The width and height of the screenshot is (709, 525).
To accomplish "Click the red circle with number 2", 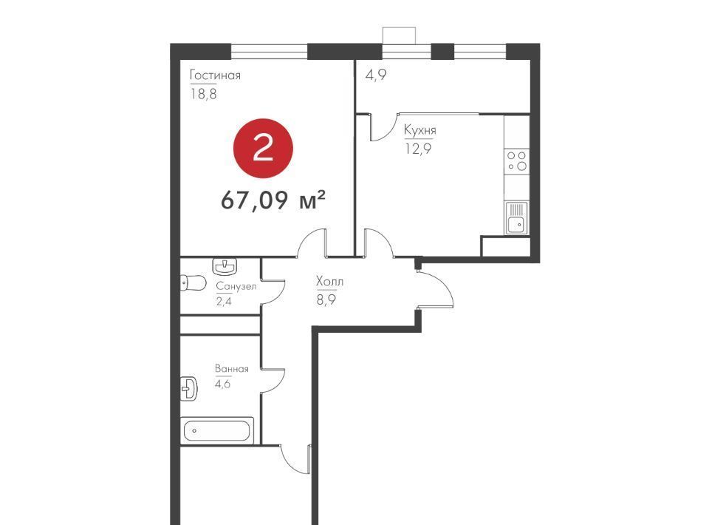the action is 263,148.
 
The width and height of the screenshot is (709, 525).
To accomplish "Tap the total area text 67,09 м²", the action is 273,200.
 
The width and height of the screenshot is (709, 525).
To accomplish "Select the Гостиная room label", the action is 215,75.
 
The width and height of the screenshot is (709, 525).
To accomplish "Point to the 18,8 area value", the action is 204,94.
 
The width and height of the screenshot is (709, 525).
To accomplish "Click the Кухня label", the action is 420,130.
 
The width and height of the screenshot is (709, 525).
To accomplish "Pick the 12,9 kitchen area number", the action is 418,149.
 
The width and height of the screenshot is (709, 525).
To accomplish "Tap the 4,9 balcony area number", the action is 376,75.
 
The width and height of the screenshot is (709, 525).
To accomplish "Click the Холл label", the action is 329,282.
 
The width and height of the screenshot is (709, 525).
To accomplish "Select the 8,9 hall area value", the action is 326,299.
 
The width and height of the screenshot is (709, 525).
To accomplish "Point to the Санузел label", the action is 236,286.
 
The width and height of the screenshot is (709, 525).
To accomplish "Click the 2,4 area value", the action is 224,301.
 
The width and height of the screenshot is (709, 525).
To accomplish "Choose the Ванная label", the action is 232,369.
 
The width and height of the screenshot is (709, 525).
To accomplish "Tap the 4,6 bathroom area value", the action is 223,384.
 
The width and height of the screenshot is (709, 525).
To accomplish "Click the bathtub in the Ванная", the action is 217,430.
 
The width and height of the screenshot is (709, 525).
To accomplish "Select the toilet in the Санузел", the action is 193,283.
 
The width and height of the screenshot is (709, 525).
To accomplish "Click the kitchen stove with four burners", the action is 517,160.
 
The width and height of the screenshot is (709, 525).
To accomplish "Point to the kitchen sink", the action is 516,218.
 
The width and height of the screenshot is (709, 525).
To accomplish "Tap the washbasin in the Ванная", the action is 189,388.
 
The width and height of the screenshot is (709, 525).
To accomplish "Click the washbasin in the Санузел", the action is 225,267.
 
